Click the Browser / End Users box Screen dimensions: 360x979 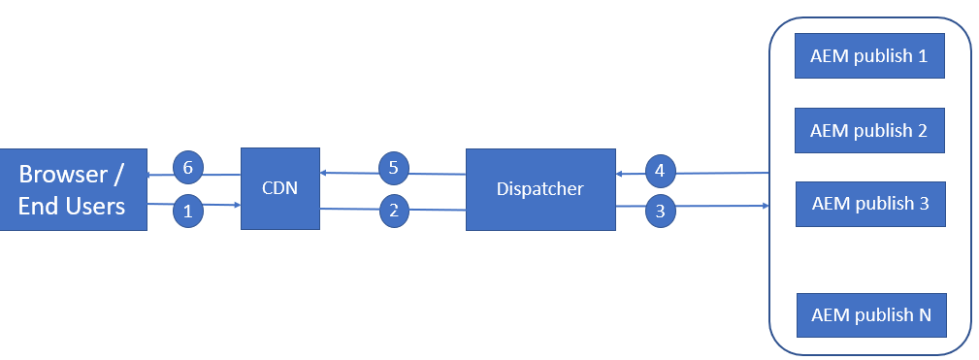tap(73, 189)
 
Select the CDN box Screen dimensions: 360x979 tap(279, 188)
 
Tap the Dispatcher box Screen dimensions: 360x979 tap(540, 189)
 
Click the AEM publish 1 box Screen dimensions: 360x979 tap(869, 56)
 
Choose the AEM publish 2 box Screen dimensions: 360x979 tap(869, 130)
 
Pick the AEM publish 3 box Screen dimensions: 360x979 tap(869, 204)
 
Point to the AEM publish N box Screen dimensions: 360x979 tap(870, 314)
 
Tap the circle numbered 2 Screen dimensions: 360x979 tap(393, 210)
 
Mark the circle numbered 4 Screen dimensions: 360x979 tap(660, 171)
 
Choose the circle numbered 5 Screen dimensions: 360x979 tap(393, 168)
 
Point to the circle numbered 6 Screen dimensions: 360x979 tap(188, 168)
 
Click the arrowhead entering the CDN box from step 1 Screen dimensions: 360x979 tap(236, 205)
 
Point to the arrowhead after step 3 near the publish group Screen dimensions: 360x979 tap(766, 206)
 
